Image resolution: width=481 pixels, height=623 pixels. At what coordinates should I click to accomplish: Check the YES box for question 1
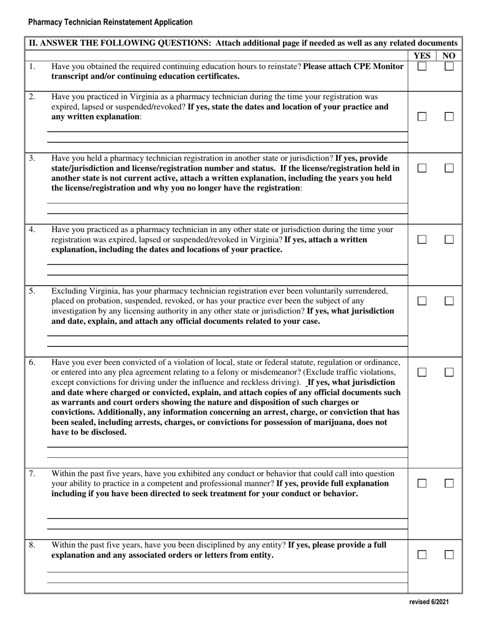(x=422, y=66)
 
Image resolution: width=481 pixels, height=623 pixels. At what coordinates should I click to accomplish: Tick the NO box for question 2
(x=449, y=116)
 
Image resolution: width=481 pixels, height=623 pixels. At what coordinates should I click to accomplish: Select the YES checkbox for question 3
(x=422, y=168)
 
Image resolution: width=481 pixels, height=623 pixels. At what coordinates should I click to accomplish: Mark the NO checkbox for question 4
(x=449, y=240)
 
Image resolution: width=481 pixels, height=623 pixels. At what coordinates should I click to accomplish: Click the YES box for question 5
(x=422, y=301)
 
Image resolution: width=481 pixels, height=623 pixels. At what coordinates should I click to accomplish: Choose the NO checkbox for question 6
(x=449, y=372)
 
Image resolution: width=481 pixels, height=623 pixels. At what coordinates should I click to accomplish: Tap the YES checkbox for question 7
(x=422, y=484)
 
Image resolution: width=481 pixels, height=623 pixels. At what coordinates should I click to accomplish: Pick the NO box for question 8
(x=449, y=555)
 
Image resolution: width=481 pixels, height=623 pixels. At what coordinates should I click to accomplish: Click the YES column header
(x=422, y=56)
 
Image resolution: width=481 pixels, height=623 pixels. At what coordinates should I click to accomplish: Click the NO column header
(x=449, y=56)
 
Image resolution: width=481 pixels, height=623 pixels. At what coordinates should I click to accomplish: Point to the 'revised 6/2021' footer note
(x=429, y=602)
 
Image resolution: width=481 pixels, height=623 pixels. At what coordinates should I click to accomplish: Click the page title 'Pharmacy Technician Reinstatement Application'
(x=110, y=22)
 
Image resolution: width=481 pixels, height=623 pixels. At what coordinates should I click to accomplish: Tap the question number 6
(x=32, y=362)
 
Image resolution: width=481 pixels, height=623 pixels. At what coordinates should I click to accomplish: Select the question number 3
(x=32, y=158)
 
